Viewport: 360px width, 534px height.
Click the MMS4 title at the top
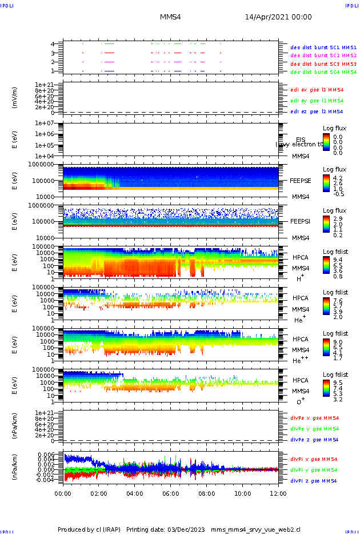point(170,18)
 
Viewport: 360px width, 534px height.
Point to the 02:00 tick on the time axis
point(99,493)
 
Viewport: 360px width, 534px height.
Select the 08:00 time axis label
point(206,493)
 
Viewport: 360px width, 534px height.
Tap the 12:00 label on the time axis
point(278,493)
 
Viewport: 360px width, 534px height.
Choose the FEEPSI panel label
point(301,221)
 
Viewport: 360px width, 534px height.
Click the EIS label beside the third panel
point(301,140)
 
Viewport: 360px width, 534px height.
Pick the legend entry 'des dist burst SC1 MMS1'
point(323,47)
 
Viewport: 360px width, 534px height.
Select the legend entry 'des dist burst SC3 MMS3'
point(323,64)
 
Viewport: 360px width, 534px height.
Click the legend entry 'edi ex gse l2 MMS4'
point(317,90)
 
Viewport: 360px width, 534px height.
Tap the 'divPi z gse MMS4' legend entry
point(314,481)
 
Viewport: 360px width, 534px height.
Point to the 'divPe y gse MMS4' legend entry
point(314,429)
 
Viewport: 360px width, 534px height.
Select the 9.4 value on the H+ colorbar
point(338,259)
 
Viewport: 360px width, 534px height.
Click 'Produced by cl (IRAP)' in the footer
point(89,529)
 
